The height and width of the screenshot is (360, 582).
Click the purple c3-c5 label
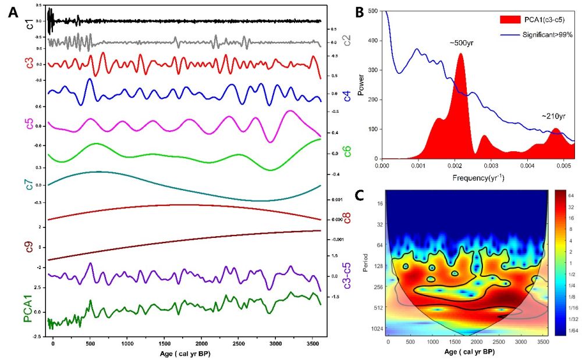coord(347,276)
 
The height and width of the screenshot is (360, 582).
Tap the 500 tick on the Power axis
coord(373,11)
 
